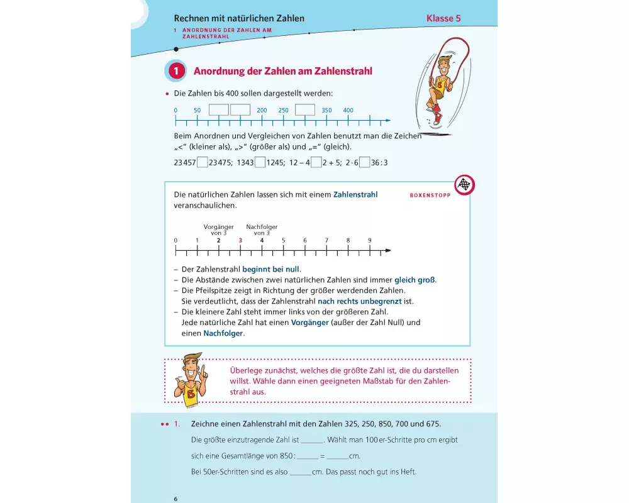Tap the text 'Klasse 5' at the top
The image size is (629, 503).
point(443,18)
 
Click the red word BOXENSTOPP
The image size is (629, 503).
point(430,195)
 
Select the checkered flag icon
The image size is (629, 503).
point(464,185)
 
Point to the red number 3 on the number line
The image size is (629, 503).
point(240,240)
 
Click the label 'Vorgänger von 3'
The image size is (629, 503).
point(218,229)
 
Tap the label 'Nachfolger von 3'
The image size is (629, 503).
point(262,229)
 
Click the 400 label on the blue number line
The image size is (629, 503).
point(348,111)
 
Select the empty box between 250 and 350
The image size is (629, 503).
point(304,110)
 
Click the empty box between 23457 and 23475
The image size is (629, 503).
point(203,162)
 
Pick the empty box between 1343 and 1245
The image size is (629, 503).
point(260,162)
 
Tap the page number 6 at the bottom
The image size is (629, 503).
point(176,499)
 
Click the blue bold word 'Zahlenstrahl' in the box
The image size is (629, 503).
point(355,195)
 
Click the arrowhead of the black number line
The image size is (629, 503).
point(387,251)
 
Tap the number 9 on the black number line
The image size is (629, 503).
point(369,240)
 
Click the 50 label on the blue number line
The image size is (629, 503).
point(197,111)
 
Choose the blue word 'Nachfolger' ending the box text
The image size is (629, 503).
point(223,333)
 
